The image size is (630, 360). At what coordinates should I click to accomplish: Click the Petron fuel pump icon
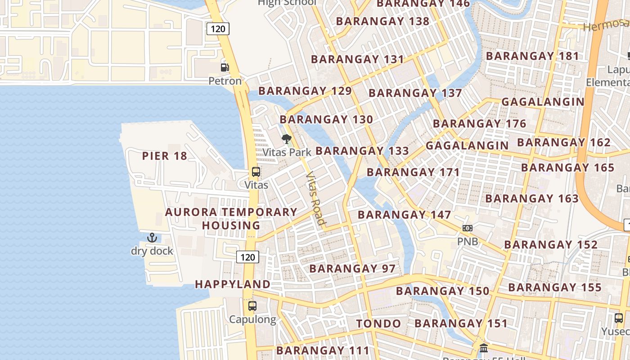pos(225,67)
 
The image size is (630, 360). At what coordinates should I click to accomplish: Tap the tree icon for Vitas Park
pos(286,139)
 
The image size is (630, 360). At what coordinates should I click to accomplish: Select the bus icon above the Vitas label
pos(256,172)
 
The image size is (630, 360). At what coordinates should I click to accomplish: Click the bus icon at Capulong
pos(252,306)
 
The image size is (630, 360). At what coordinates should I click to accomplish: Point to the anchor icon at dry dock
pos(152,238)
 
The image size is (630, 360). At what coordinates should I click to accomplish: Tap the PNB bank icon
pos(468,228)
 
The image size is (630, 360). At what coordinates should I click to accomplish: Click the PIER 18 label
pos(164,156)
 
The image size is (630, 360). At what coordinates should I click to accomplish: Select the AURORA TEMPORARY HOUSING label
pos(231,219)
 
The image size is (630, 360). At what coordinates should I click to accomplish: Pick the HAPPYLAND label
pos(233,284)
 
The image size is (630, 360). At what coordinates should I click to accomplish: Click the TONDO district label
pos(378,324)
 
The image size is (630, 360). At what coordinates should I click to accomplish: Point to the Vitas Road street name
pos(315,198)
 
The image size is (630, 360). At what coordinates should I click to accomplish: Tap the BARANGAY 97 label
pos(352,269)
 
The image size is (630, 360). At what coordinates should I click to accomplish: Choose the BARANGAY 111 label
pos(323,350)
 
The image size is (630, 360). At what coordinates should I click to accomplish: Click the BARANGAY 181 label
pos(532,56)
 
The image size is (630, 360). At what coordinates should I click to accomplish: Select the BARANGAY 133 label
pos(362,151)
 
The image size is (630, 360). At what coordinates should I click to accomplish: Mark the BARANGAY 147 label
pos(404,215)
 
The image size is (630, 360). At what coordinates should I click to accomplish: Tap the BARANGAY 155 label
pos(555,287)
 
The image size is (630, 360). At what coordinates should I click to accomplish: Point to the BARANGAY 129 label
pos(305,91)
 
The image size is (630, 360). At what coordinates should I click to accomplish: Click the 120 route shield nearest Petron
pos(218,29)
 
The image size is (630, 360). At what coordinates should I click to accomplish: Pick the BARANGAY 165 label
pos(567,168)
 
